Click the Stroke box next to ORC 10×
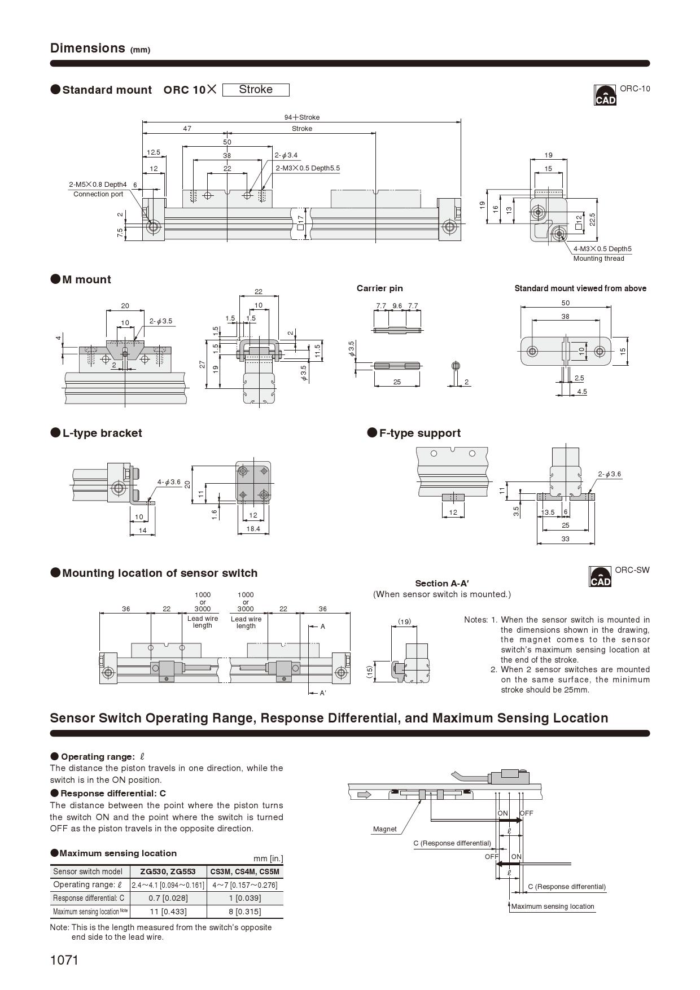click(x=256, y=90)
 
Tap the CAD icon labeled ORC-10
click(x=605, y=95)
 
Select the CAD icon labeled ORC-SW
click(x=600, y=577)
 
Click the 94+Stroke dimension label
click(x=302, y=117)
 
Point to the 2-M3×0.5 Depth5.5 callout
click(x=308, y=168)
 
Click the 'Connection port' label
click(x=98, y=194)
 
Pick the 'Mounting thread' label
click(x=598, y=259)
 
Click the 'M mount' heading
click(x=86, y=279)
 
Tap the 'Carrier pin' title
click(x=380, y=288)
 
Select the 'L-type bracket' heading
click(x=102, y=433)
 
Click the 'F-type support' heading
click(x=419, y=433)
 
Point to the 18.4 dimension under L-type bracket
click(x=253, y=529)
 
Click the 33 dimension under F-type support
click(x=565, y=539)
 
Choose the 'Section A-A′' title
click(x=442, y=584)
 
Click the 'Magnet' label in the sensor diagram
click(x=384, y=829)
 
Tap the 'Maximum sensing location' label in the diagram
click(x=553, y=906)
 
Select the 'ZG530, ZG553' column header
click(x=168, y=871)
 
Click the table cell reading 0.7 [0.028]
click(x=168, y=898)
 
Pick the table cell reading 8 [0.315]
click(x=245, y=912)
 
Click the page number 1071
click(x=64, y=960)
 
